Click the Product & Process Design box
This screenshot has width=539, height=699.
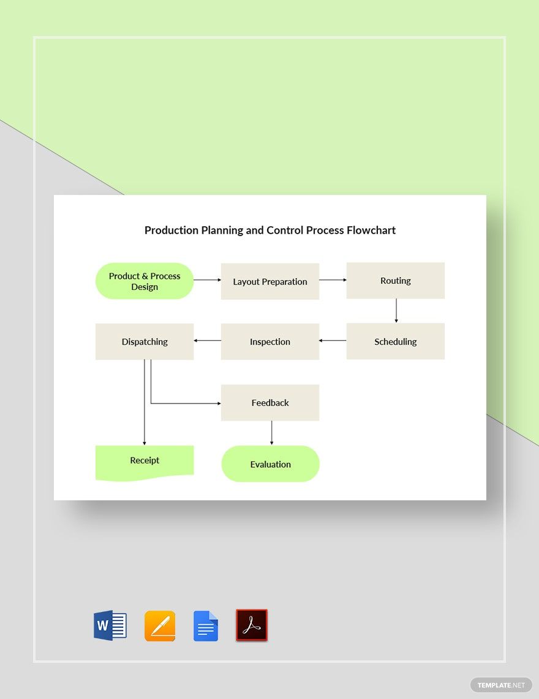[x=145, y=281]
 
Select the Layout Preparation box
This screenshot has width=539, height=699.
[x=270, y=281]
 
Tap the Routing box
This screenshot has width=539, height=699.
[x=396, y=280]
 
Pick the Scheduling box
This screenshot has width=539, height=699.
[x=396, y=342]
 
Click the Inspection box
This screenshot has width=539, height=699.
[x=270, y=342]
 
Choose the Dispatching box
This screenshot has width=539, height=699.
[x=145, y=342]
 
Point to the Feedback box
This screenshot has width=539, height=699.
[x=270, y=403]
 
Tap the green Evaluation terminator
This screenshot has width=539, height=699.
[x=270, y=464]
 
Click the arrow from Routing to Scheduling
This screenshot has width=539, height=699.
[x=396, y=311]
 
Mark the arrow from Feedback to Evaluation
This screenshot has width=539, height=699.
[x=271, y=433]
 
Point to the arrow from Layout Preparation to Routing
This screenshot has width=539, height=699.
[x=333, y=280]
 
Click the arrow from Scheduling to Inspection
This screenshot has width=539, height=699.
[x=333, y=340]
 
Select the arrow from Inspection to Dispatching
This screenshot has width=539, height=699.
[x=207, y=340]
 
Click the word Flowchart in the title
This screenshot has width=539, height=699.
[x=371, y=231]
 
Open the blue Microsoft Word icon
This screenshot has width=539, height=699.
[x=110, y=625]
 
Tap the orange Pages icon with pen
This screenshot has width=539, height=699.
[x=160, y=626]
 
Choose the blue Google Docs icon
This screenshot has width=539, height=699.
[x=206, y=626]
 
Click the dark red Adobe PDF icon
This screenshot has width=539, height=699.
[x=252, y=625]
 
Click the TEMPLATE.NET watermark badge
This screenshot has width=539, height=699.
[x=500, y=685]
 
